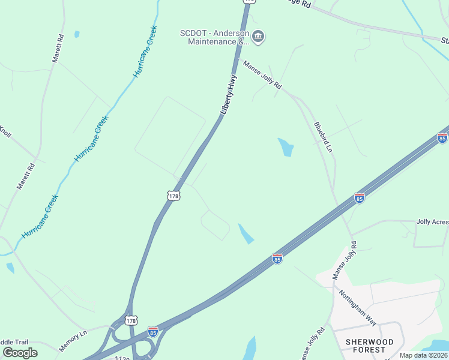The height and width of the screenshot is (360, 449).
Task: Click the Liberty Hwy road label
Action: point(228,95)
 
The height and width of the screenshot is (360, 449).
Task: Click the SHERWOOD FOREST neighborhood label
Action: point(370,346)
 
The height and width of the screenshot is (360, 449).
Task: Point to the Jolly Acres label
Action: point(432,221)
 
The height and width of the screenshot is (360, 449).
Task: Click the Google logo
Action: point(20,352)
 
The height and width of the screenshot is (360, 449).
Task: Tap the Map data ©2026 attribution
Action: point(423,355)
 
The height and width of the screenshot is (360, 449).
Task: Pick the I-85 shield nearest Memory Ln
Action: point(152,331)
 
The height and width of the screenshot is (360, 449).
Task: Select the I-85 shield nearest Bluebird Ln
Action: point(359,197)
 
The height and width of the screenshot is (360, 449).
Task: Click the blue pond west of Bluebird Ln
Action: point(286,147)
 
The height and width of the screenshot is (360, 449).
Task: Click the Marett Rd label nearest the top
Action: point(58,48)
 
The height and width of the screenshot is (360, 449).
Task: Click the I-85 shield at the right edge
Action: point(442,138)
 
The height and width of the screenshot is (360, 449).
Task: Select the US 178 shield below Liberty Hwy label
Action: point(173,196)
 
